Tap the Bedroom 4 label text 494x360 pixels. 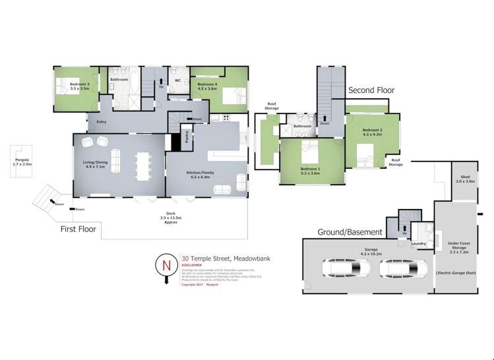point(207,85)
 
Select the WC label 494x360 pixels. point(177,81)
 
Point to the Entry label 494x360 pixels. point(102,121)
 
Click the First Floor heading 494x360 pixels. point(78,229)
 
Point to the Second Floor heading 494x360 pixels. point(370,90)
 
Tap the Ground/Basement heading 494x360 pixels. point(350,232)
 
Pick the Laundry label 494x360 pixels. point(418,243)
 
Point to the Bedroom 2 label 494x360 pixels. point(372,132)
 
